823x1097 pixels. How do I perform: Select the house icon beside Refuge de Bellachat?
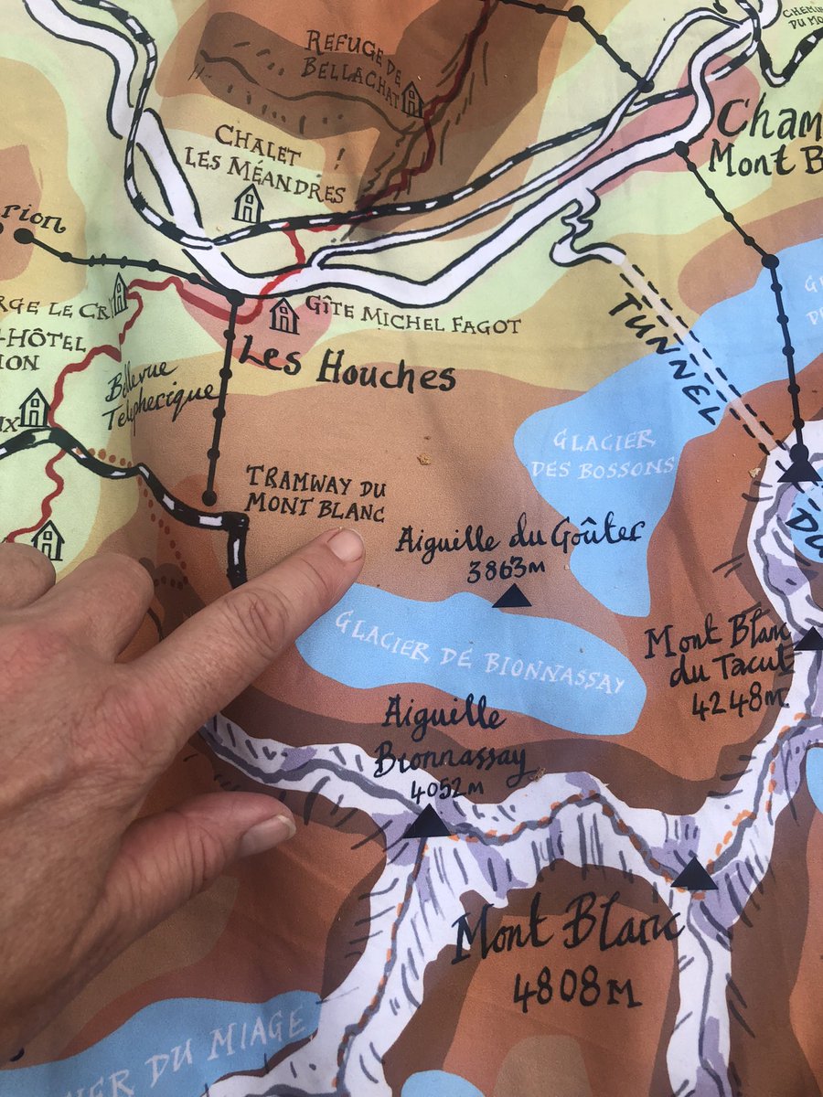coord(411,100)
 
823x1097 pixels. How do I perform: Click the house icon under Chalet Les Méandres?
coord(247,205)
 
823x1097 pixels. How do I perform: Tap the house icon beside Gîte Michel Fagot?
coord(283,316)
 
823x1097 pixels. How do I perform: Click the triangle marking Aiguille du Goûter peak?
coord(512,597)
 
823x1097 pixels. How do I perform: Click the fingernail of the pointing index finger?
coord(346,545)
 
